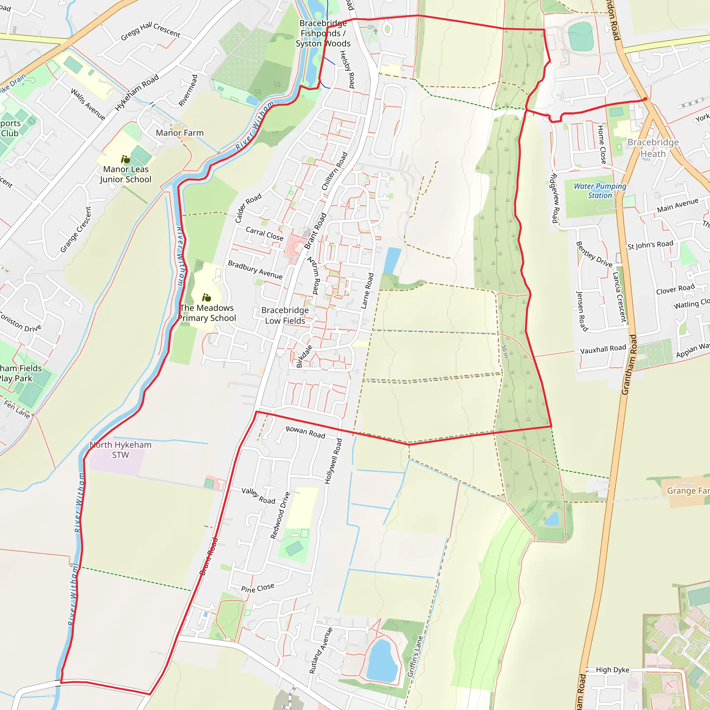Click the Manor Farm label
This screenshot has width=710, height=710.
(179, 133)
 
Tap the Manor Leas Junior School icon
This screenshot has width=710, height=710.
(125, 159)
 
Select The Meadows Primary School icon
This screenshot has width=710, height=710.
(207, 298)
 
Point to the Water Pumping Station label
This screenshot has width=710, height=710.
(600, 191)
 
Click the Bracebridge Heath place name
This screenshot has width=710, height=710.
(653, 148)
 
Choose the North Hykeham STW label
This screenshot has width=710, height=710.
(121, 449)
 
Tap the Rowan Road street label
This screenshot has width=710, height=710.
(305, 432)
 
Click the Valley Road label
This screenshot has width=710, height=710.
(258, 496)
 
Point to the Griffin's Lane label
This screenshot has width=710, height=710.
(415, 656)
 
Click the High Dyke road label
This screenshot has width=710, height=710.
(613, 669)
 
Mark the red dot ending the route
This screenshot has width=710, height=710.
(645, 99)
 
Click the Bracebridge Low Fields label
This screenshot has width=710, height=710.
(285, 315)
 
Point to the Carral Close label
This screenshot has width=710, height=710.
(265, 234)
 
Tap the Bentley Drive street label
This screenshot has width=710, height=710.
(594, 254)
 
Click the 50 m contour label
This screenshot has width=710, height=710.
(504, 352)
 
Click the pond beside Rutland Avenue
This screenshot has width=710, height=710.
(382, 660)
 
